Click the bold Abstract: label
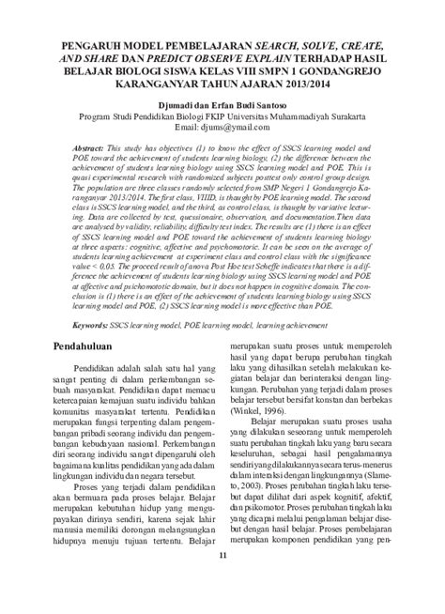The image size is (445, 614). [x=92, y=149]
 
